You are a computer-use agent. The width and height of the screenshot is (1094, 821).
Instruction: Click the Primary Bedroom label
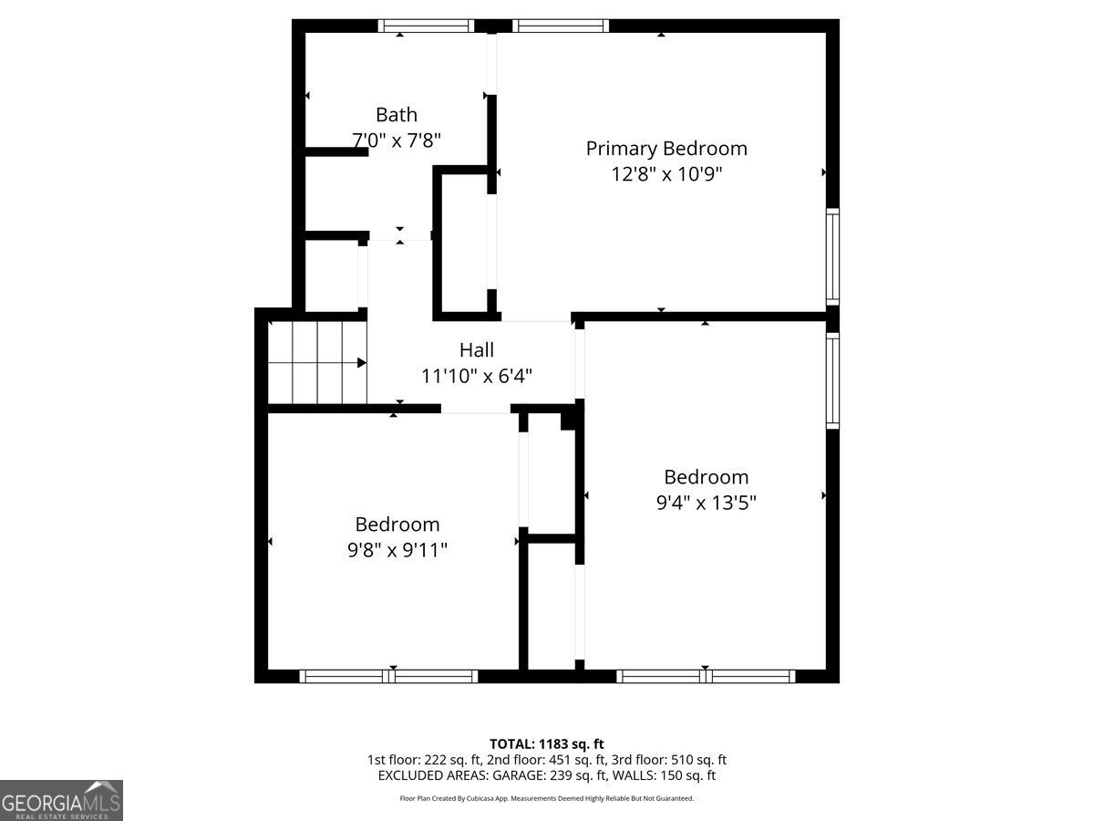[666, 148]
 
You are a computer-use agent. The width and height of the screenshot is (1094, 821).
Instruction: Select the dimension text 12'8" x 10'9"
[666, 173]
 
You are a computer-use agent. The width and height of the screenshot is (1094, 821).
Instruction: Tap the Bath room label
[397, 115]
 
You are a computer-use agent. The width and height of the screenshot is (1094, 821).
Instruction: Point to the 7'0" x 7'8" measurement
[397, 140]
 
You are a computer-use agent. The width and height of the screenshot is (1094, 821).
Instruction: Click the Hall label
[477, 349]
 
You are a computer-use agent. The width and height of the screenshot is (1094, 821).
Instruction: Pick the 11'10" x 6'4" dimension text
[477, 375]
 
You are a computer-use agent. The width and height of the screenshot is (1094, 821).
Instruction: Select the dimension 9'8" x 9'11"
[397, 550]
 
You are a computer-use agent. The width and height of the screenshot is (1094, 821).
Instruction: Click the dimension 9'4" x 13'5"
[707, 502]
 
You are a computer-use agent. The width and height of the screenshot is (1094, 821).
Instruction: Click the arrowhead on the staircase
[362, 363]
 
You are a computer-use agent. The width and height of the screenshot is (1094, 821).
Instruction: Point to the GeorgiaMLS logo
[61, 800]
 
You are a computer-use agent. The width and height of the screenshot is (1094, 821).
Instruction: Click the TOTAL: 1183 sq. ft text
[547, 743]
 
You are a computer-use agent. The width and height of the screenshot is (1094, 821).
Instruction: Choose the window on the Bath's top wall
[426, 26]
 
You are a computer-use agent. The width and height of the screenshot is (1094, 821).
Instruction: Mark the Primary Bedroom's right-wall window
[832, 256]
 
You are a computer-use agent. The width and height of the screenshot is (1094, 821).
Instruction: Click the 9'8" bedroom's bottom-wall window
[388, 676]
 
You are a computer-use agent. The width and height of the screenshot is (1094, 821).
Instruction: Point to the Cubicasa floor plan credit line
[547, 798]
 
